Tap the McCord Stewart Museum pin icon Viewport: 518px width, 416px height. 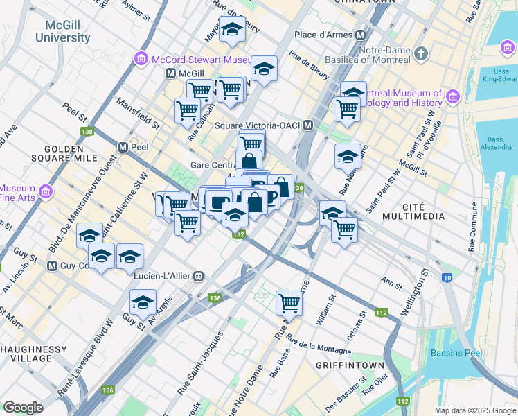click(x=141, y=59)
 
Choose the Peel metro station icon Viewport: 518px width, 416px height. click(x=123, y=148)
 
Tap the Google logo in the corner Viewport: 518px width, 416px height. click(x=23, y=408)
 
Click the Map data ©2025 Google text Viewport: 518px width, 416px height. click(x=474, y=410)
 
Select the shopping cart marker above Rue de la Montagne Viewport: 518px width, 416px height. click(x=289, y=302)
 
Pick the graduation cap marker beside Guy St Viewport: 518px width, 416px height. click(x=143, y=302)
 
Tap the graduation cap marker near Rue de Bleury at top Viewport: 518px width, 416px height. click(x=232, y=30)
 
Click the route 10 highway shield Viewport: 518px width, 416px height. click(x=447, y=278)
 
